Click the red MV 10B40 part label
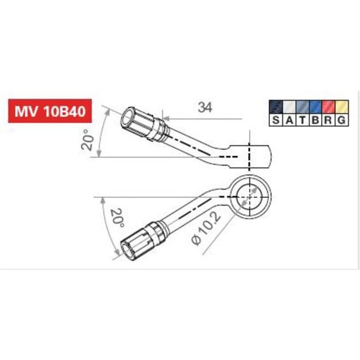[50, 111]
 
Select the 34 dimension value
[205, 107]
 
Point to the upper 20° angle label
[87, 140]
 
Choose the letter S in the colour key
[276, 120]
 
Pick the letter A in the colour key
[290, 120]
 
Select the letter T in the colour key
[302, 120]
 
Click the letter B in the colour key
[316, 120]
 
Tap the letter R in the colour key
[329, 120]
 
